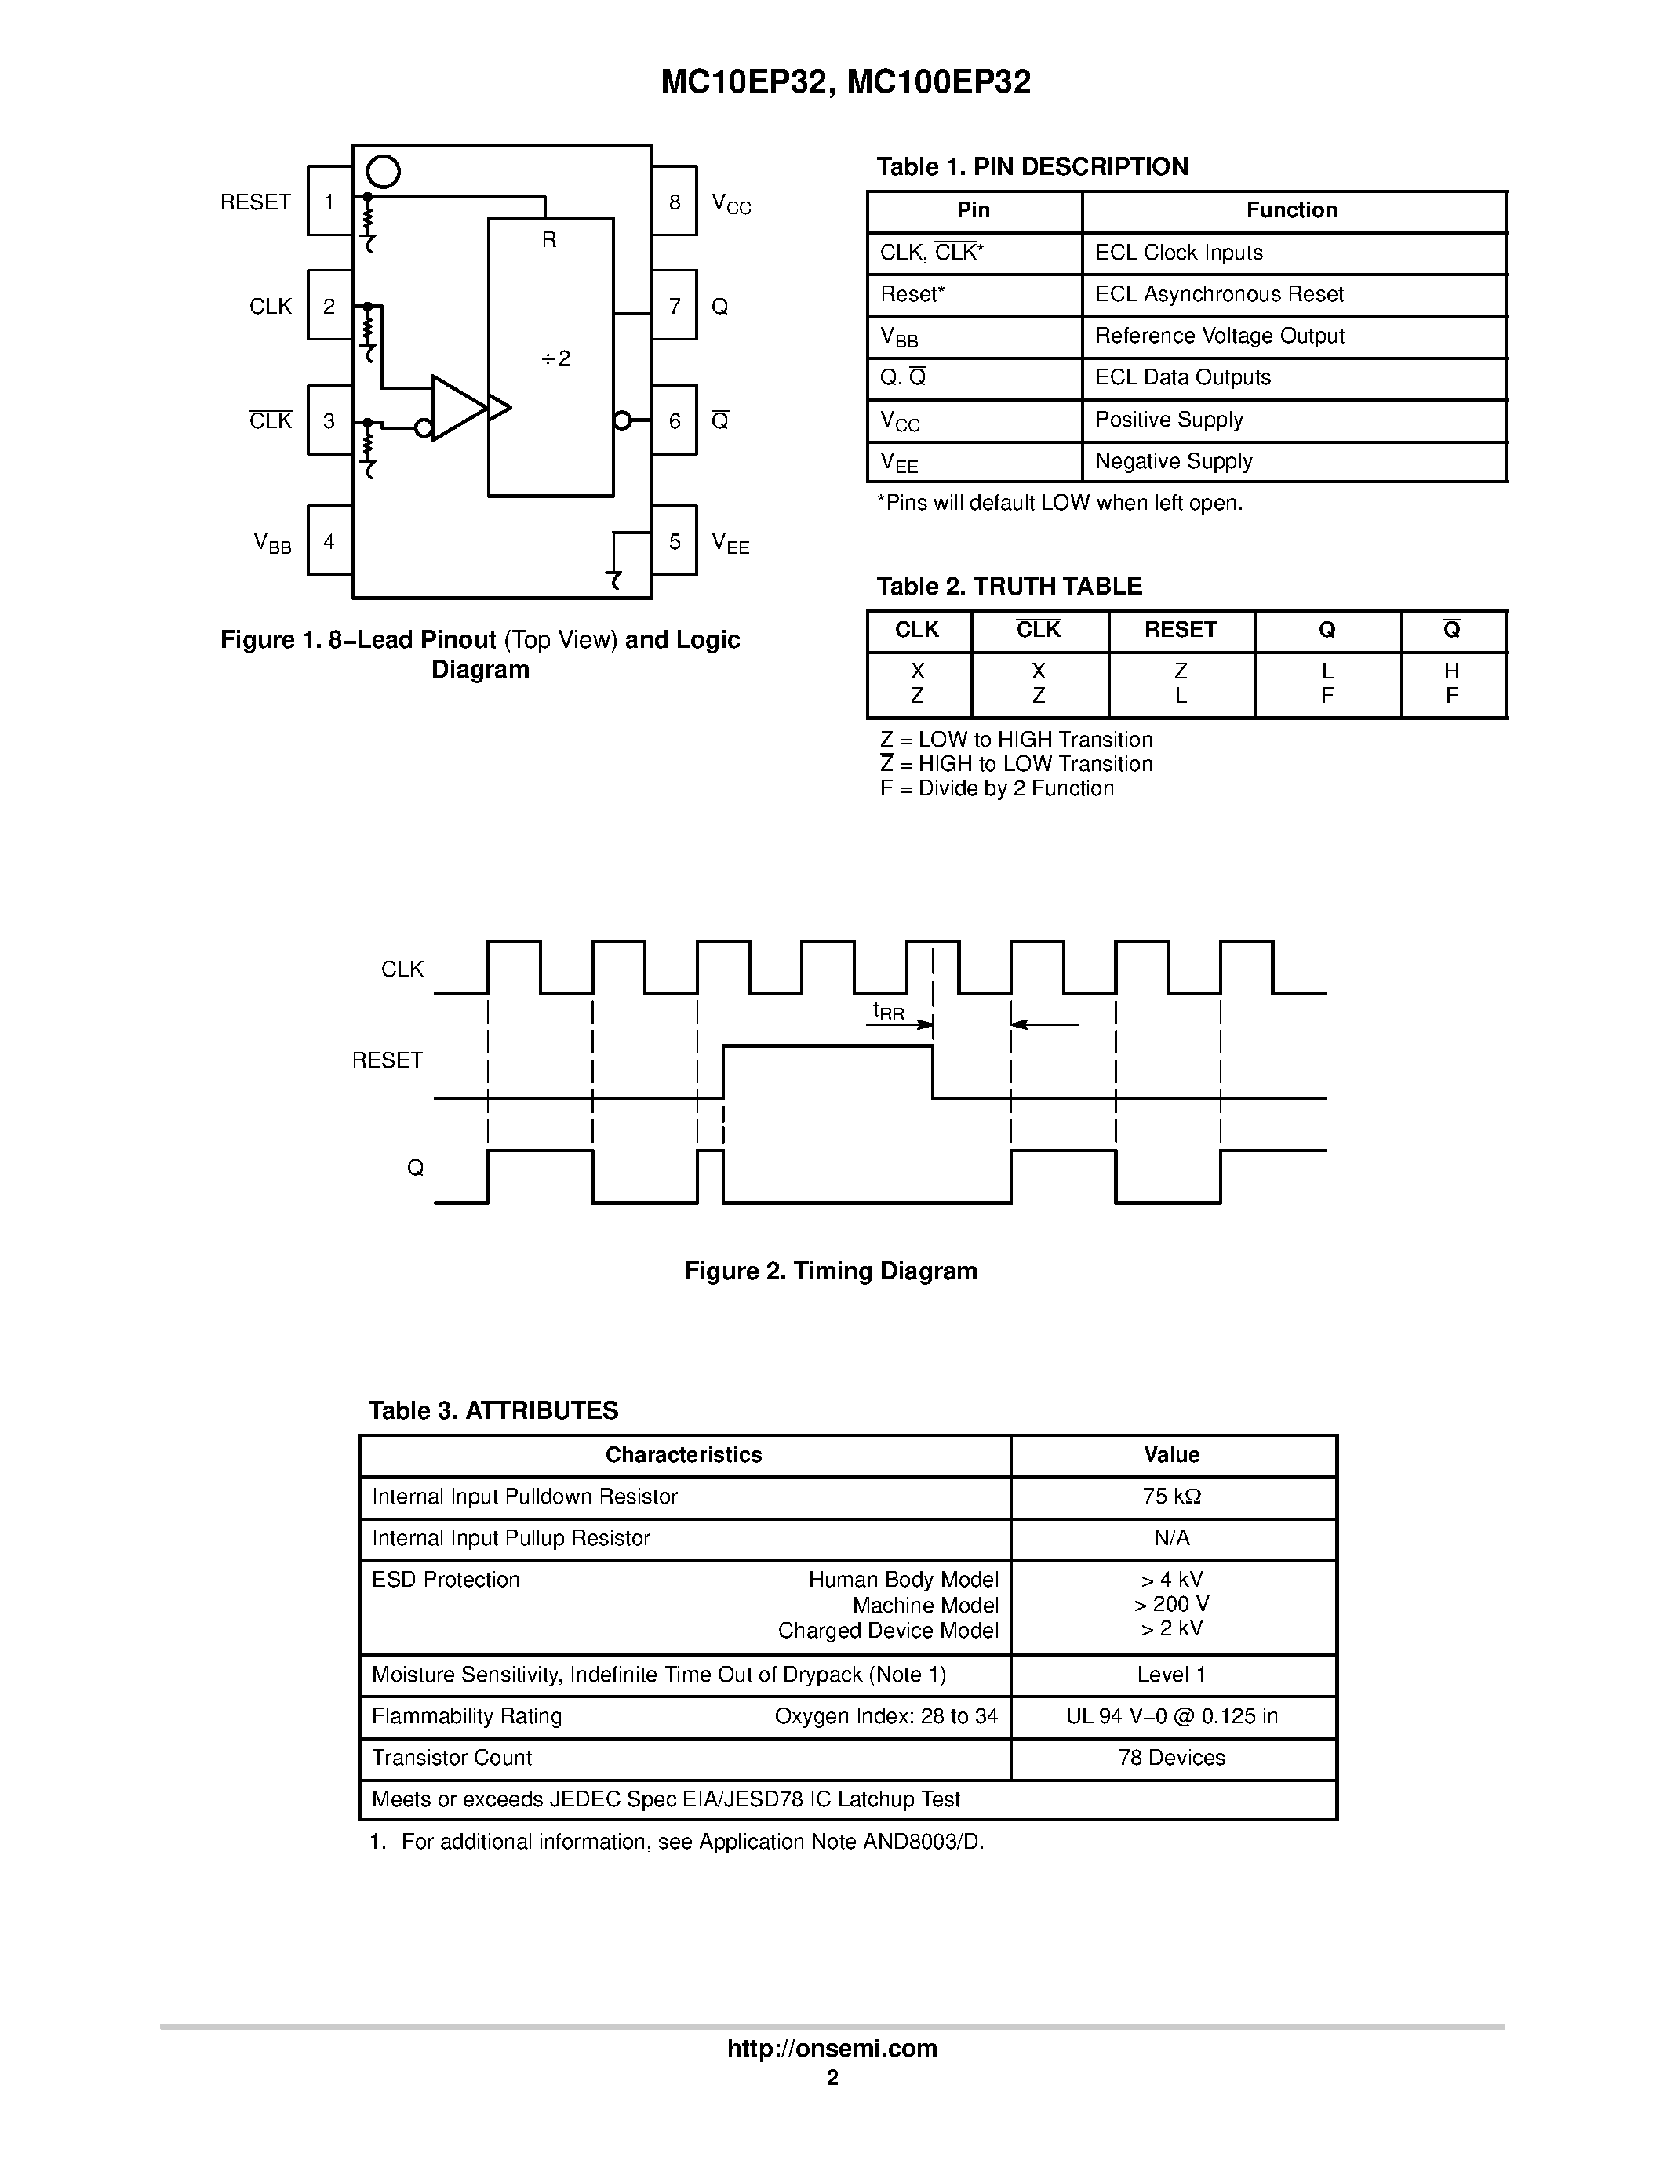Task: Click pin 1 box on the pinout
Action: coord(329,202)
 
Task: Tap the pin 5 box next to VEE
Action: coord(675,541)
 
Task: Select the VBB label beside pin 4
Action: coord(272,544)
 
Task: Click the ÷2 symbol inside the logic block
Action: coord(556,358)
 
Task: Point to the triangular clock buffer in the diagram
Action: coord(457,407)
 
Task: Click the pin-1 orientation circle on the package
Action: coord(383,172)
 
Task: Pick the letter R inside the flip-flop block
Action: coord(549,240)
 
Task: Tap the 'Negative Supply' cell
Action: coord(1174,461)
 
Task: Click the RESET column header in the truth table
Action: coord(1180,630)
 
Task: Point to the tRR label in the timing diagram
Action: coord(888,1011)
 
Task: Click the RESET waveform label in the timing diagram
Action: coord(387,1060)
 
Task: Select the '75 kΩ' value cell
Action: coord(1171,1497)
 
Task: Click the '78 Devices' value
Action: coord(1171,1758)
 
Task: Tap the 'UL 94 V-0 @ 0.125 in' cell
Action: coord(1171,1716)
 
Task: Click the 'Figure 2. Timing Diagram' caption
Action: coord(831,1271)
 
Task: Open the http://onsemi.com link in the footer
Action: coord(832,2048)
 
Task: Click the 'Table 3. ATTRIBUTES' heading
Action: coord(493,1410)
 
